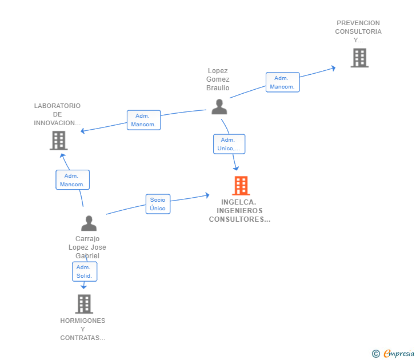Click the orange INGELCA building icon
[x=241, y=186]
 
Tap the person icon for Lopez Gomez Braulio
[x=219, y=107]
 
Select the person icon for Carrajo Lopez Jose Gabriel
[x=89, y=223]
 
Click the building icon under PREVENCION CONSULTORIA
[x=359, y=58]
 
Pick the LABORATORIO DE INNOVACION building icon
[x=59, y=141]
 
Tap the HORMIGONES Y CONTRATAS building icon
[x=84, y=304]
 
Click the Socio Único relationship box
[x=158, y=204]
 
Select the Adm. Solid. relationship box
[x=85, y=271]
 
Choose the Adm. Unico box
[x=229, y=144]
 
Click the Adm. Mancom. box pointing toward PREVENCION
[x=282, y=82]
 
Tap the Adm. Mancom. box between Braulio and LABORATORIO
[x=144, y=120]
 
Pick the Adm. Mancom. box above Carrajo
[x=73, y=180]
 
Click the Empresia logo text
[x=399, y=353]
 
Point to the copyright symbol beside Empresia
[x=375, y=354]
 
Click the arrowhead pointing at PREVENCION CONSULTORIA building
[x=334, y=68]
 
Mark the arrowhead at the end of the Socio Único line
[x=207, y=195]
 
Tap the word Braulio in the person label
[x=218, y=88]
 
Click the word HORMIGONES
[x=83, y=321]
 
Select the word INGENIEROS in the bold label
[x=239, y=211]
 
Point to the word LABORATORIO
[x=57, y=106]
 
